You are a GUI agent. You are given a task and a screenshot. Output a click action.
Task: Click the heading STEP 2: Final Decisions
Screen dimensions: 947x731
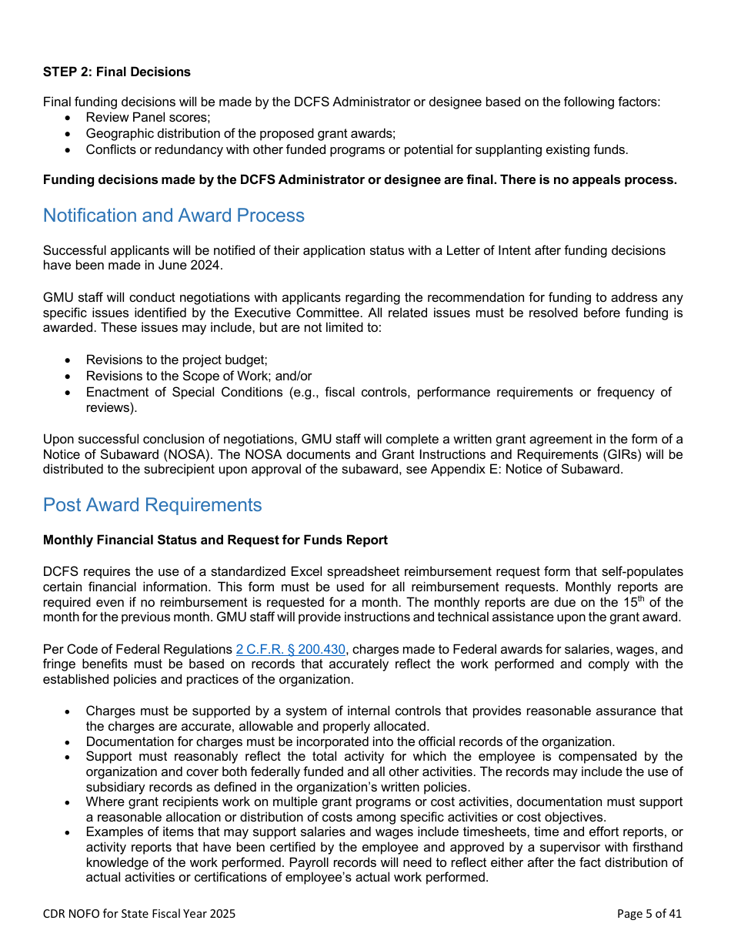point(117,72)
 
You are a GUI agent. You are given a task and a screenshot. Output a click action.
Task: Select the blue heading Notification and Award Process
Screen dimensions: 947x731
point(174,216)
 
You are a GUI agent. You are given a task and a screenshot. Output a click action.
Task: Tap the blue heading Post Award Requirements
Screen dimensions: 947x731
point(152,505)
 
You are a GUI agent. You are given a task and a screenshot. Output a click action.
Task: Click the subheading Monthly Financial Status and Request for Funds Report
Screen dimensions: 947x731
point(215,540)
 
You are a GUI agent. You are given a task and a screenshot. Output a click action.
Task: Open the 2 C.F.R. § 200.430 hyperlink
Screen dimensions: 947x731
point(290,650)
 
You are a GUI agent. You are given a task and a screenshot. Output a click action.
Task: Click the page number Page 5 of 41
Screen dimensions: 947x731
point(649,914)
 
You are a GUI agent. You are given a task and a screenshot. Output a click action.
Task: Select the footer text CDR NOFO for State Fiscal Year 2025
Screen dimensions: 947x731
point(139,914)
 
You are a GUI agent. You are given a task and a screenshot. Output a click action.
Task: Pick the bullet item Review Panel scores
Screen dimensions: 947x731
point(148,118)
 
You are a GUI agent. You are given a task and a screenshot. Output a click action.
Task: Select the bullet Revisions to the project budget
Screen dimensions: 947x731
point(176,360)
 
